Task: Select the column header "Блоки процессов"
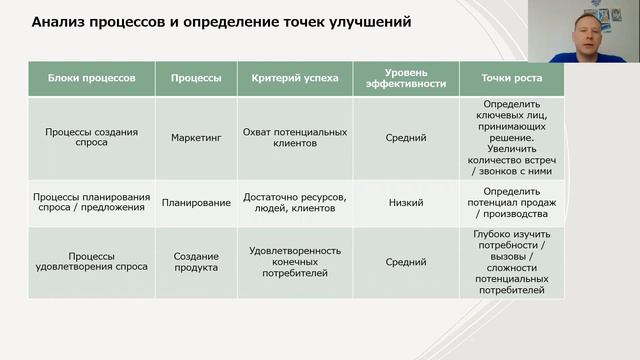click(91, 77)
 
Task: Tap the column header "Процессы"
click(196, 77)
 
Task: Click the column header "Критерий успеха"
click(295, 77)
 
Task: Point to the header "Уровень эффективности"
click(406, 78)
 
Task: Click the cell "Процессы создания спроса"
click(91, 137)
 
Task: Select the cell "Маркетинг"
click(196, 137)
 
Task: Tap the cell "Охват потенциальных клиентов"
click(295, 137)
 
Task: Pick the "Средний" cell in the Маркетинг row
click(406, 137)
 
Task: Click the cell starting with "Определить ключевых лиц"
click(511, 137)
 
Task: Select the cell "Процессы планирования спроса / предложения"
click(91, 203)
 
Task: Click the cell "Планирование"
click(196, 203)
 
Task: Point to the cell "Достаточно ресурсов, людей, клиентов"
click(295, 203)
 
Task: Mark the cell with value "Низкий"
click(406, 203)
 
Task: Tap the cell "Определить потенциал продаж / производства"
click(511, 203)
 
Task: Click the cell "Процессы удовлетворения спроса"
click(91, 262)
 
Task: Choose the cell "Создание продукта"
click(196, 262)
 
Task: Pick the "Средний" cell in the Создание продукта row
click(406, 262)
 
